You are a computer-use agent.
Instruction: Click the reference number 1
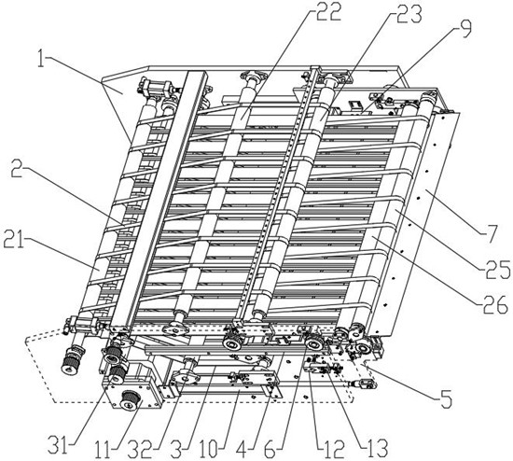40,59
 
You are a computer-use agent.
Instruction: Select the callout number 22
327,12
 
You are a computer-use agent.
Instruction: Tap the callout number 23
409,15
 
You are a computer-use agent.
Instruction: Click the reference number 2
17,169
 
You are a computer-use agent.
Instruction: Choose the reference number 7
490,234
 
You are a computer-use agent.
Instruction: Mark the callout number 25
496,269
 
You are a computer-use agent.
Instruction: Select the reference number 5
445,398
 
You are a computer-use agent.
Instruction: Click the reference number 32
140,449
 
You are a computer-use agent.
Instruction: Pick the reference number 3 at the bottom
176,449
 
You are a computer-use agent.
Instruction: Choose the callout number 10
209,449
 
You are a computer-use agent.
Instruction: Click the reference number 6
270,449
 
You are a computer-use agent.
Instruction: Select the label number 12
333,449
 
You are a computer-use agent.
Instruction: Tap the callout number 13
376,448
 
